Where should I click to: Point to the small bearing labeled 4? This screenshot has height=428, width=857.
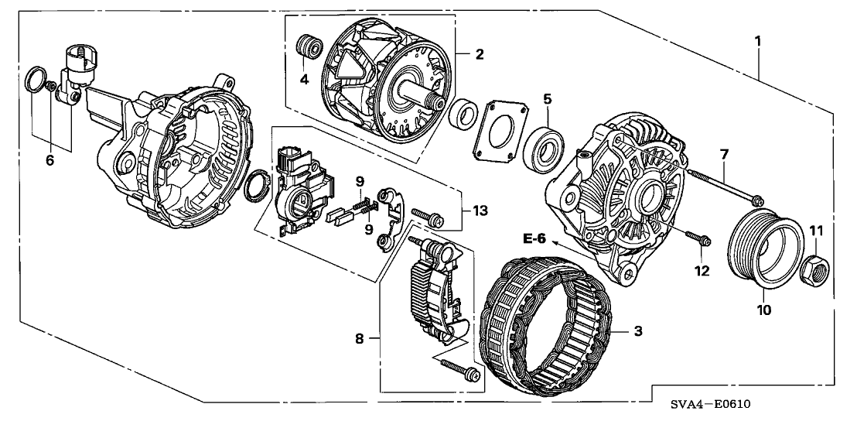[x=311, y=47]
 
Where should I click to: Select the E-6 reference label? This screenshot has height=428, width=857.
[x=534, y=238]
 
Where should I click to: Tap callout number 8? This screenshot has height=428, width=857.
[x=359, y=339]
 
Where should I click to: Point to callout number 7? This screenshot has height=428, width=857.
[x=723, y=155]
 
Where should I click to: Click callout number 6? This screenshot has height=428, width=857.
[x=50, y=161]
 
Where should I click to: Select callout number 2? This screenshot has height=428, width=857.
[x=480, y=54]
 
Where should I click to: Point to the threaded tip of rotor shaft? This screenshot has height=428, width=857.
[x=435, y=101]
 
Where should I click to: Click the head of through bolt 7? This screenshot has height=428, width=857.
[x=757, y=200]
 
